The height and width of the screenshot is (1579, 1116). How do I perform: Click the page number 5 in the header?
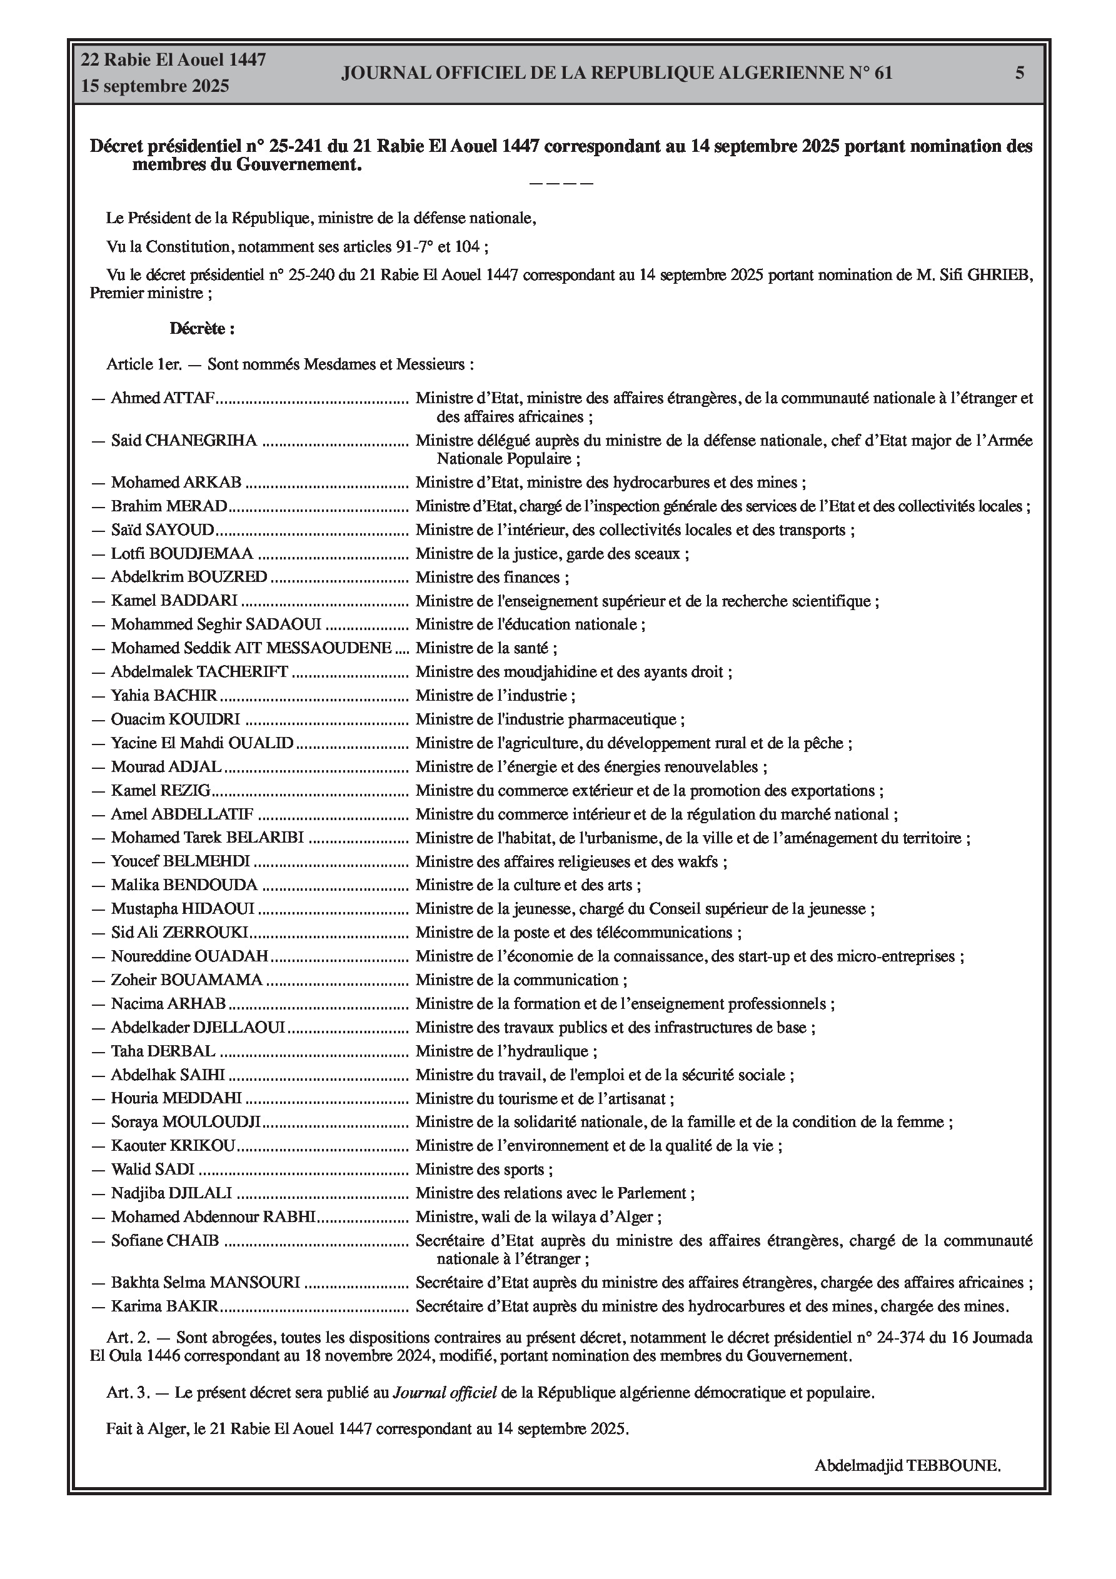1020,73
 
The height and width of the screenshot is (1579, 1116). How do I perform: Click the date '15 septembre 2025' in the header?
155,87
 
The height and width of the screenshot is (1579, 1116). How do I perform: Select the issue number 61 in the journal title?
883,73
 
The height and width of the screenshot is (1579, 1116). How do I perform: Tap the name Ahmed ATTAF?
163,398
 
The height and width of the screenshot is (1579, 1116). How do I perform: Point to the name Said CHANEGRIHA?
184,441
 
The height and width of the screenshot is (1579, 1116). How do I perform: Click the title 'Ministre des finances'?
491,578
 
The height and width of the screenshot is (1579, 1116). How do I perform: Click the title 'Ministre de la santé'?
486,648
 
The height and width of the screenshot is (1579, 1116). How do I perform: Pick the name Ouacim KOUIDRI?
176,720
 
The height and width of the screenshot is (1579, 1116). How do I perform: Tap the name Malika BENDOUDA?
184,886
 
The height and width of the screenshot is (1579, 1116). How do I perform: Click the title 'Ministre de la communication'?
521,981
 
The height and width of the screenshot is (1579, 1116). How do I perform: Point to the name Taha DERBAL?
163,1051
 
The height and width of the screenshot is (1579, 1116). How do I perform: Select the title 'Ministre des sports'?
484,1170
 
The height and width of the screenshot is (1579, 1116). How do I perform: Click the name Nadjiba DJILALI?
171,1193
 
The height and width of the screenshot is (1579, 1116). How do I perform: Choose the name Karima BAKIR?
164,1306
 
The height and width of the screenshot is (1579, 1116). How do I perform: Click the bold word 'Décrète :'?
203,329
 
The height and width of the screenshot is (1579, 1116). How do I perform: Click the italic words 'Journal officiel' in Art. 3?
445,1393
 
